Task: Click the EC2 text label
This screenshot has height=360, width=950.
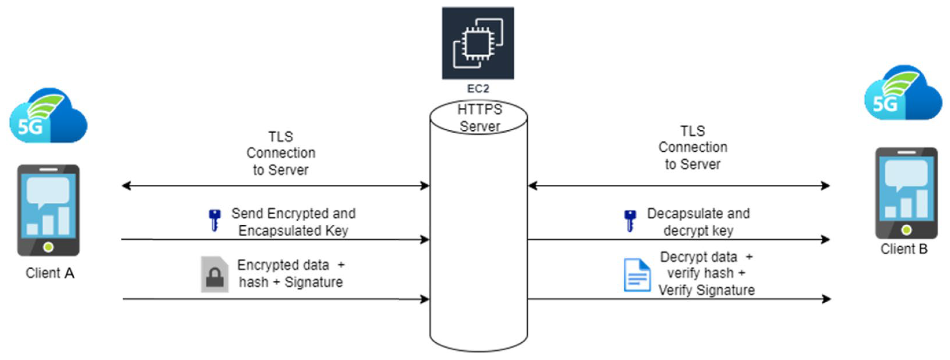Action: pos(478,89)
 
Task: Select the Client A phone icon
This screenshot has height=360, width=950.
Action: pos(48,210)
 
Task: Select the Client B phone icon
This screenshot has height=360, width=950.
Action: pos(906,193)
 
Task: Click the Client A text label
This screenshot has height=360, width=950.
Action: pos(50,273)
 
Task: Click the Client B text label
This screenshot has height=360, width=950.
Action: pos(904,249)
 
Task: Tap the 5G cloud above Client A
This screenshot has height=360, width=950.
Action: pos(48,116)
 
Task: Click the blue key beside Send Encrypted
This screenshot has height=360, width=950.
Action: pos(214,220)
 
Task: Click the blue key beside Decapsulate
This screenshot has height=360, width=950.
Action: pos(630,221)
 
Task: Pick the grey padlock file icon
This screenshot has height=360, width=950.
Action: pos(214,274)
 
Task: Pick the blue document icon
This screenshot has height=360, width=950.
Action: pos(637,275)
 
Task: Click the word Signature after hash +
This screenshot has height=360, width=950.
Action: pos(313,282)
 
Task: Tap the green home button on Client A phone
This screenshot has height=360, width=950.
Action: pos(48,247)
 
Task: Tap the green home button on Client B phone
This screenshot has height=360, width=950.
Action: pos(906,230)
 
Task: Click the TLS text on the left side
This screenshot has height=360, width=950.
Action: pos(280,137)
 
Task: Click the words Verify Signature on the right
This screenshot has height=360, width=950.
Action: pos(706,290)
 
